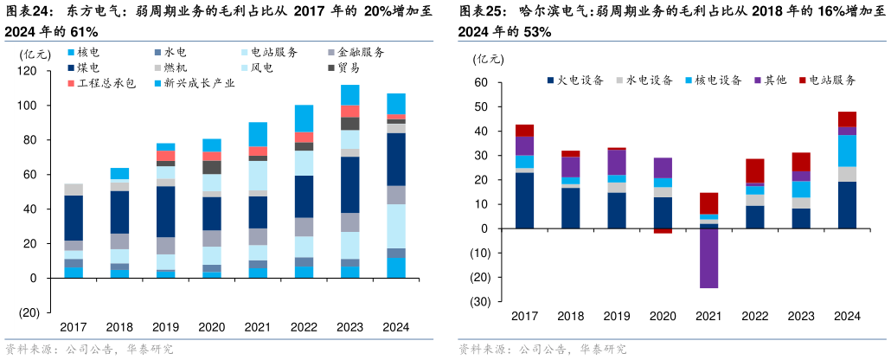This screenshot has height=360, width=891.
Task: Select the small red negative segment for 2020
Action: point(663,231)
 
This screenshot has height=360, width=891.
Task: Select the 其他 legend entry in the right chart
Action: point(770,80)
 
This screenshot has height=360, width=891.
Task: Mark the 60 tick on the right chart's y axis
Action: point(482,83)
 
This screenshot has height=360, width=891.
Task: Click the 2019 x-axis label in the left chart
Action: point(165,327)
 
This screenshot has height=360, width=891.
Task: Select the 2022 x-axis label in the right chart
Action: point(754,317)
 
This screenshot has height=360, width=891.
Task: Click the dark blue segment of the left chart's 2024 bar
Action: point(396,159)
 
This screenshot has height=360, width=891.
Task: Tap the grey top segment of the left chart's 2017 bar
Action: point(74,189)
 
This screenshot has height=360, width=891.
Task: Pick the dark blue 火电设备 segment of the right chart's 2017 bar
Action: point(524,200)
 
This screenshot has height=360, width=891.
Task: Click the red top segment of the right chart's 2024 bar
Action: point(847,119)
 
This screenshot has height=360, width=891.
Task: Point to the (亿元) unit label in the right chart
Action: point(488,59)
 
